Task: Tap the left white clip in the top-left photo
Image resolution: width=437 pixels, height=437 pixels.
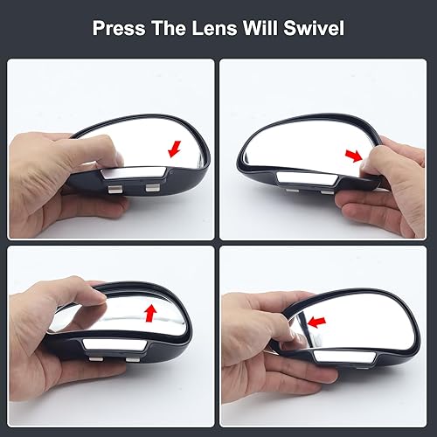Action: pos(114,187)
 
